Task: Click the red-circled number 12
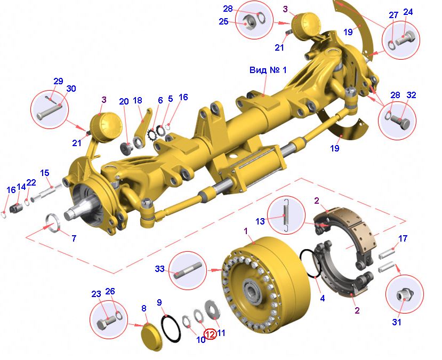tap(210, 334)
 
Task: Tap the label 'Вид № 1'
tap(268, 70)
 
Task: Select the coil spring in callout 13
tap(286, 215)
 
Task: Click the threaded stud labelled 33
tap(188, 270)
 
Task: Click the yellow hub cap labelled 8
tap(151, 337)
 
